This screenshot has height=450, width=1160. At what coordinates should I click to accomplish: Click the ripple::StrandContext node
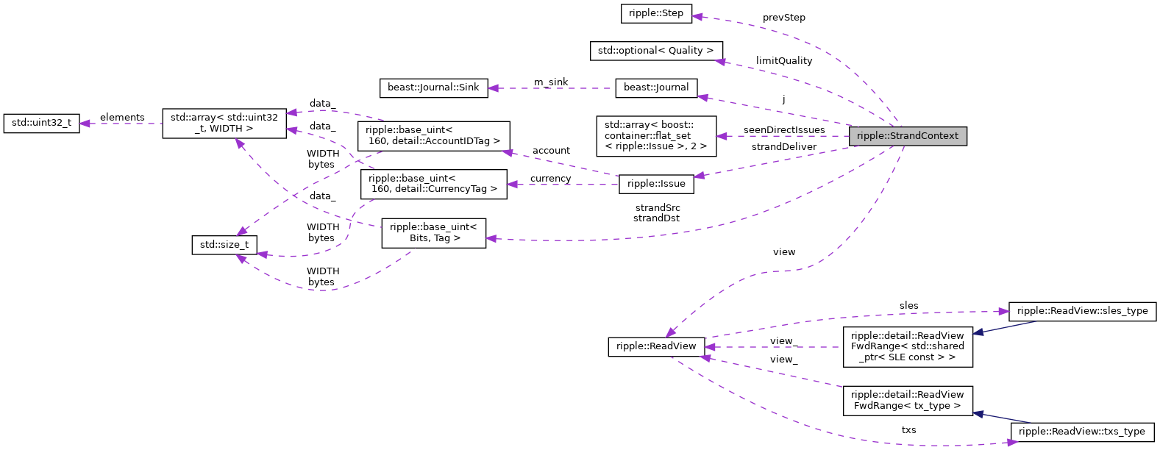pyautogui.click(x=907, y=136)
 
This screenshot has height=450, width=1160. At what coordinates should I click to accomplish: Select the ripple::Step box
pyautogui.click(x=655, y=13)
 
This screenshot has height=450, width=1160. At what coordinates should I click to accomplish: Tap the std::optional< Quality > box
pyautogui.click(x=655, y=51)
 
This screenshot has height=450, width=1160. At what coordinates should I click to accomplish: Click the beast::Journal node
pyautogui.click(x=655, y=87)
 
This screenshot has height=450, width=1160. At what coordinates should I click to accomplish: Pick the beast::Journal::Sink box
pyautogui.click(x=433, y=87)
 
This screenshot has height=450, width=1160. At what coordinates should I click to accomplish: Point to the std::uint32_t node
pyautogui.click(x=41, y=123)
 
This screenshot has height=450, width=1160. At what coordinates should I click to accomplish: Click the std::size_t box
pyautogui.click(x=224, y=245)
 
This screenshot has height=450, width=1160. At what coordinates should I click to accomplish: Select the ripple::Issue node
pyautogui.click(x=655, y=184)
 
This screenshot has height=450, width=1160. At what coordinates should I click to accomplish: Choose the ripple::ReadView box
pyautogui.click(x=655, y=346)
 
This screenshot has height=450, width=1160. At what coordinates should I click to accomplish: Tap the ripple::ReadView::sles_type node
pyautogui.click(x=1082, y=311)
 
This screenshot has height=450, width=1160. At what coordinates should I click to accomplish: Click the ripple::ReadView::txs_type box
pyautogui.click(x=1081, y=432)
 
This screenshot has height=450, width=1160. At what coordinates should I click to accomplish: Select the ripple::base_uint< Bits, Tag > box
pyautogui.click(x=433, y=232)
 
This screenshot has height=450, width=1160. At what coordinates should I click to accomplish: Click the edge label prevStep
pyautogui.click(x=783, y=18)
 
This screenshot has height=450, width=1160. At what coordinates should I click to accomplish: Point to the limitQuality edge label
pyautogui.click(x=783, y=61)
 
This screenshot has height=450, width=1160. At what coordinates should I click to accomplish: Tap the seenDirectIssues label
pyautogui.click(x=783, y=130)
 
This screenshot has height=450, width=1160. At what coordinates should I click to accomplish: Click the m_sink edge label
pyautogui.click(x=551, y=82)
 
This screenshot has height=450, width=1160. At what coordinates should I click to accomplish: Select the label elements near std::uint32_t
pyautogui.click(x=122, y=118)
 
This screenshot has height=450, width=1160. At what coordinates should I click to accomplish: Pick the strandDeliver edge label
pyautogui.click(x=783, y=147)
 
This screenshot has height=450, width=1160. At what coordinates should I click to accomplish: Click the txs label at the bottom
pyautogui.click(x=908, y=430)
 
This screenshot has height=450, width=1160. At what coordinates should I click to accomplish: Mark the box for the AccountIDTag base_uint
pyautogui.click(x=433, y=136)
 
